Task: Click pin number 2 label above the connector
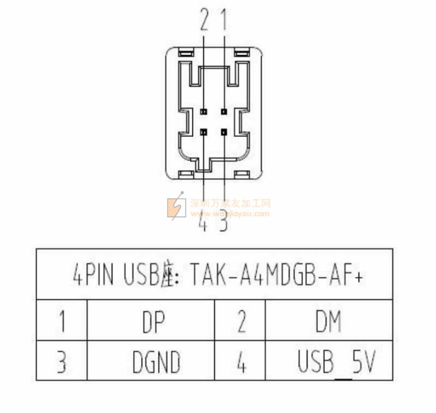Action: [x=204, y=21]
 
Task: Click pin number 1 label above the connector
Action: [x=223, y=21]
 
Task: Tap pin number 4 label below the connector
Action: [x=203, y=224]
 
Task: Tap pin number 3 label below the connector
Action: [x=223, y=224]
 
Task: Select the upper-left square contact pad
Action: [x=204, y=111]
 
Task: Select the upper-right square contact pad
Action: [x=223, y=111]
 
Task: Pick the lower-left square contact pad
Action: [x=204, y=131]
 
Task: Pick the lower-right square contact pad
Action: [x=223, y=131]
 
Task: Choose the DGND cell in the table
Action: [x=156, y=362]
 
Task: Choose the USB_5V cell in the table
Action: [x=336, y=362]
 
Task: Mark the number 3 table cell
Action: [x=62, y=362]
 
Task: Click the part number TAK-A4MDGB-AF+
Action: [x=276, y=275]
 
